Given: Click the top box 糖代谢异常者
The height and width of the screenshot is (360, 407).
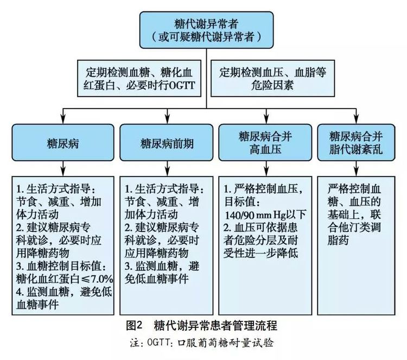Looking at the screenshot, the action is (x=206, y=30).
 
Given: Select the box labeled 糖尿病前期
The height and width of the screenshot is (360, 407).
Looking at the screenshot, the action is (x=167, y=142).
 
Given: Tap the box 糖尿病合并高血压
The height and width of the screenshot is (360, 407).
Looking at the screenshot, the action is (x=265, y=142).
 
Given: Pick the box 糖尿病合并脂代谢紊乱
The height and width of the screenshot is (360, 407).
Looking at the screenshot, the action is (x=356, y=142).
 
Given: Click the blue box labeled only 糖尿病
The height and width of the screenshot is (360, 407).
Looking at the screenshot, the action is (x=63, y=142).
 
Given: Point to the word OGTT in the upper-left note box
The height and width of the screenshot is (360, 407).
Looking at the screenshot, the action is (x=182, y=85).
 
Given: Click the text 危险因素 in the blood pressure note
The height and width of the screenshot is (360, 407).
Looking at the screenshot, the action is (x=272, y=85).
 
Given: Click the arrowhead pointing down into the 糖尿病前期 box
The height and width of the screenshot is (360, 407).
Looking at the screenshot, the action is (x=168, y=120).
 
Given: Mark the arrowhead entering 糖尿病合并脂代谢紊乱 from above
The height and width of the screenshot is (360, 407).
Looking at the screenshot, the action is (x=356, y=120).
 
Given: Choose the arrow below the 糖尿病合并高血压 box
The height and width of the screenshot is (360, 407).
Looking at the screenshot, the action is (x=266, y=168).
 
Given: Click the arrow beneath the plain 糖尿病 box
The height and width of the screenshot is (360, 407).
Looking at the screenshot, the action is (x=63, y=168).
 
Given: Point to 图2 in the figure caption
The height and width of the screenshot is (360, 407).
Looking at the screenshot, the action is (x=134, y=325).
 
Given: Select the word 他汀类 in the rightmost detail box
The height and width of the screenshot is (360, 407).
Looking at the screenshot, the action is (x=354, y=228).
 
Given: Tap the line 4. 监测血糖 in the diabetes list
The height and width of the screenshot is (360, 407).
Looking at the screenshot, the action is (x=42, y=292).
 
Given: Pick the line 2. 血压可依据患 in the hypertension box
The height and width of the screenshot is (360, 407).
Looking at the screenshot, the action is (x=260, y=228).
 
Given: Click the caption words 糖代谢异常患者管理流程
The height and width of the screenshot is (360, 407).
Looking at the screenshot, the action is (x=215, y=325).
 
